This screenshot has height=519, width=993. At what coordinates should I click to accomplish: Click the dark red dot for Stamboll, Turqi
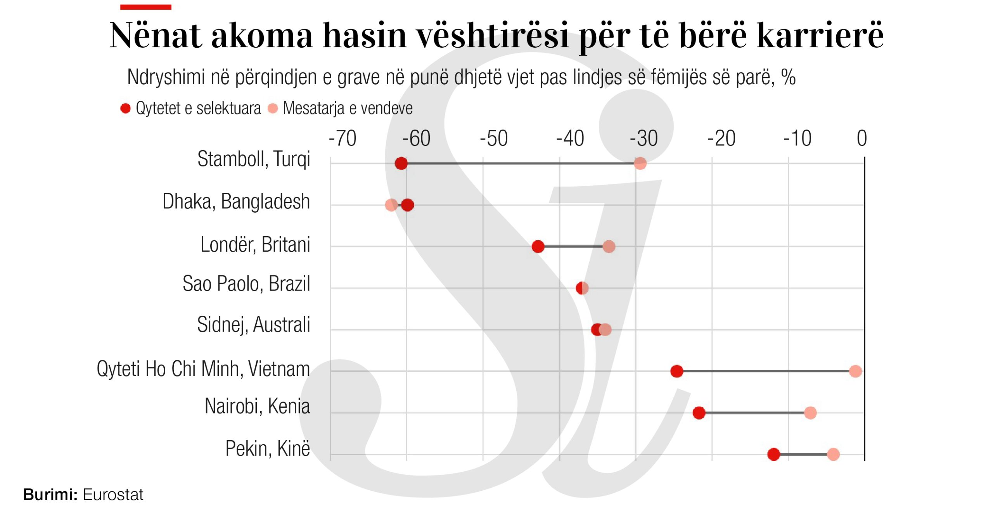[401, 163]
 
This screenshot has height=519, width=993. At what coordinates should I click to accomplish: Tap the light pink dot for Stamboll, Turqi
[640, 163]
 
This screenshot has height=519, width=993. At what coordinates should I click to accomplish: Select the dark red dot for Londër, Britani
[538, 246]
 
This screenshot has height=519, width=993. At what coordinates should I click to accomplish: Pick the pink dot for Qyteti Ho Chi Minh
[855, 371]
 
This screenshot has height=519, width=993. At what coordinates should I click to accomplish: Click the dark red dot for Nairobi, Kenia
[699, 413]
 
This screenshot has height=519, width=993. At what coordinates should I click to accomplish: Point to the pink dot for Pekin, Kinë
[833, 454]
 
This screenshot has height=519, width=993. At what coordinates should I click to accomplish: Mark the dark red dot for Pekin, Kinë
[773, 454]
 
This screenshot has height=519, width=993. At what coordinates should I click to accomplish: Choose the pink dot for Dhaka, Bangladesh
[391, 205]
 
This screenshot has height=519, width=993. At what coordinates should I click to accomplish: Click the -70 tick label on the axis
[343, 138]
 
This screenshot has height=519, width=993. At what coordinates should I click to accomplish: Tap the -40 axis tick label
[570, 138]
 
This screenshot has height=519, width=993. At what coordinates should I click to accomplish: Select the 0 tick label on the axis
[862, 138]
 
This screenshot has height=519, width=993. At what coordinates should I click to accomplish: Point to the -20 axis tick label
[721, 138]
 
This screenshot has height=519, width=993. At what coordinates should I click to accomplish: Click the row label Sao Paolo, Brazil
[246, 284]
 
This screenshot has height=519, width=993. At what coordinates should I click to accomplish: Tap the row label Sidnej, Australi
[253, 325]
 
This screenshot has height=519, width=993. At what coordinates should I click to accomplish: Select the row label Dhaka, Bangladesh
[236, 202]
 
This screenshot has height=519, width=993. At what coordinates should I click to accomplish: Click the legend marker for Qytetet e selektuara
[125, 108]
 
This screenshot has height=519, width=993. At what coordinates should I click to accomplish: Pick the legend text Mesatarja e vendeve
[348, 108]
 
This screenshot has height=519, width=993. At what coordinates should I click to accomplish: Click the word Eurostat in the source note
[113, 495]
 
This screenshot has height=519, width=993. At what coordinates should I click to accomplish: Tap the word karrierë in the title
[820, 35]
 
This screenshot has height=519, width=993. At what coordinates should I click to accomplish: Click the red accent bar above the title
[145, 7]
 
